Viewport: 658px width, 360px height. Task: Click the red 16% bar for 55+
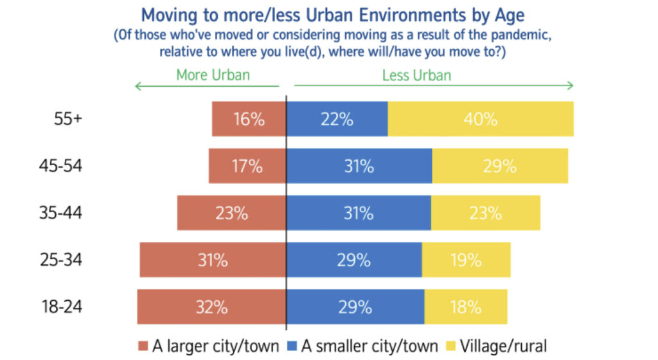249,119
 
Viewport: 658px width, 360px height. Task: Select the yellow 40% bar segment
481,119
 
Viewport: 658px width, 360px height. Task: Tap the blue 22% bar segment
337,119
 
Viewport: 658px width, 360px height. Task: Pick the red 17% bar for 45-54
247,166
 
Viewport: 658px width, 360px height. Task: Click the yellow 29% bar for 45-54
500,166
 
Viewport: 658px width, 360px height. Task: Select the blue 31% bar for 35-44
359,213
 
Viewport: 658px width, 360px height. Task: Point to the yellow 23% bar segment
485,213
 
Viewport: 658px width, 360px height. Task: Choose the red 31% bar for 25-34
213,260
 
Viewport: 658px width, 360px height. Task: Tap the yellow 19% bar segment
466,260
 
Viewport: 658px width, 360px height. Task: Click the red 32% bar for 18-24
211,307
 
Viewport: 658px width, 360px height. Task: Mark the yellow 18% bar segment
465,307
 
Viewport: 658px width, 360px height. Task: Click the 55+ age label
67,119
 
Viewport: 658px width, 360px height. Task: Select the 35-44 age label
60,213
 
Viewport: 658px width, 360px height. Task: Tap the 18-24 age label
60,307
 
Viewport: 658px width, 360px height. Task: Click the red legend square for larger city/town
143,346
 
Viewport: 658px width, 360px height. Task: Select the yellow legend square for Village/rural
449,346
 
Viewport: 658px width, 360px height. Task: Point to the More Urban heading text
213,75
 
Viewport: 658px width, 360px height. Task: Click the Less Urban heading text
416,75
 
